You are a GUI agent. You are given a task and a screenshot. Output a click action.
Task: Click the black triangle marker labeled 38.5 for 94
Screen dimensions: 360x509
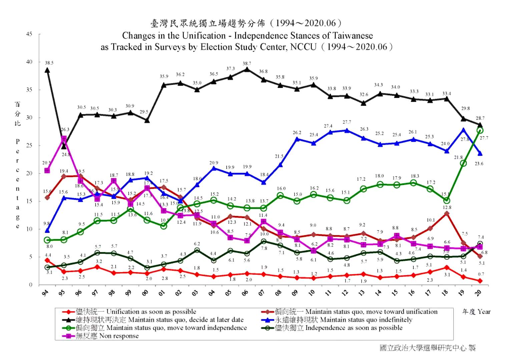pos(47,70)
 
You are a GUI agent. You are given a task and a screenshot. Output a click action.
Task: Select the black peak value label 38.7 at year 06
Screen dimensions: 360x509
pos(247,63)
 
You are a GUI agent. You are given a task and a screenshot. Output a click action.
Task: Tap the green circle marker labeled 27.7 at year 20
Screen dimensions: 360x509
pos(480,130)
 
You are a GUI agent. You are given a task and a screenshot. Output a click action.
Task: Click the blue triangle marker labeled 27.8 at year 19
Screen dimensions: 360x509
pos(463,130)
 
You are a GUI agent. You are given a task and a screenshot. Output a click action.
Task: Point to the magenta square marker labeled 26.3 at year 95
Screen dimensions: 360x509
pos(64,139)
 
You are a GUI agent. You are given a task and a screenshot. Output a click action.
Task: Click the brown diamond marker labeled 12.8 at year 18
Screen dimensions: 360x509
pos(447,213)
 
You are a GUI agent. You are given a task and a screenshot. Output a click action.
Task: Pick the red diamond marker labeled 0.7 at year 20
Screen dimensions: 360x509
pos(480,281)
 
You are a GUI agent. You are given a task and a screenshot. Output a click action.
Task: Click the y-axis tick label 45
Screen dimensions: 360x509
pos(29,34)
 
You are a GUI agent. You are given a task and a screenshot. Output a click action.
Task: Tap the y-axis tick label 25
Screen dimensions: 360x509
pos(29,145)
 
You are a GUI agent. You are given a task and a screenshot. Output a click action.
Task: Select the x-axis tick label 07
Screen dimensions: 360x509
pos(262,293)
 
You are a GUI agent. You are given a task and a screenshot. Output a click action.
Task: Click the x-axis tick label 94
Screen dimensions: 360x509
pos(45,293)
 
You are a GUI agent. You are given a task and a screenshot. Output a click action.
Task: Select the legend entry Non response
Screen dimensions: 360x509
pos(119,336)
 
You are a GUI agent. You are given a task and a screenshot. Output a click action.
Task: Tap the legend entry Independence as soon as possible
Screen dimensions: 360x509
pos(354,328)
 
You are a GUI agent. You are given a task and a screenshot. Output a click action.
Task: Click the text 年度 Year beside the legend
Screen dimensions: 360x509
pos(476,312)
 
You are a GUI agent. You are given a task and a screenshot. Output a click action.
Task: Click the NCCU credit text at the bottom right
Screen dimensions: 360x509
pos(427,348)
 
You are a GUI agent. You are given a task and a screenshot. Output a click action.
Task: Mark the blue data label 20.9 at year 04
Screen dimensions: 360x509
pos(214,163)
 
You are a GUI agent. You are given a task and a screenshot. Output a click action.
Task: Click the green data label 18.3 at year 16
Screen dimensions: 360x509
pos(415,176)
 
